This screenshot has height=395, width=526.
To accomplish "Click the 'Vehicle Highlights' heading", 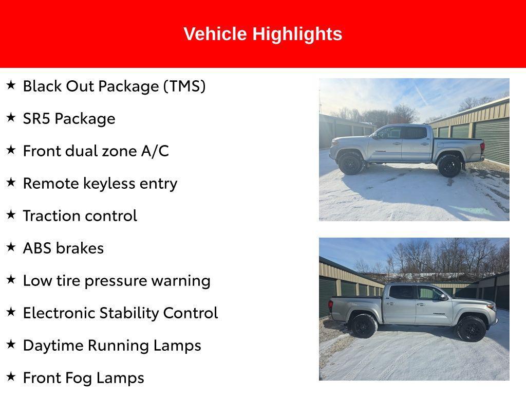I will pyautogui.click(x=262, y=34).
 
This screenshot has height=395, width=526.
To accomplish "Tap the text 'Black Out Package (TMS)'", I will pyautogui.click(x=114, y=86).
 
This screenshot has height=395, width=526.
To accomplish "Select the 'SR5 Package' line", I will pyautogui.click(x=69, y=118).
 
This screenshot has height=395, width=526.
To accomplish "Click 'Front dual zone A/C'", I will pyautogui.click(x=96, y=151).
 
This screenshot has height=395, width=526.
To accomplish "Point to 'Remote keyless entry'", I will pyautogui.click(x=100, y=183).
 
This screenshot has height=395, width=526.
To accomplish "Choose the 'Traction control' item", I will pyautogui.click(x=80, y=216).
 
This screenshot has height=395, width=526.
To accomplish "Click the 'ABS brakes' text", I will pyautogui.click(x=63, y=248).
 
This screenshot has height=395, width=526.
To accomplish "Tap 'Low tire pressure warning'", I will pyautogui.click(x=117, y=280).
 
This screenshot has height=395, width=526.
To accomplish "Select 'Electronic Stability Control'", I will pyautogui.click(x=120, y=313).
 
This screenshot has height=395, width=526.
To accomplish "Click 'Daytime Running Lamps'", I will pyautogui.click(x=112, y=345).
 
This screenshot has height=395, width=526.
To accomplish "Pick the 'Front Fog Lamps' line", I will pyautogui.click(x=83, y=378).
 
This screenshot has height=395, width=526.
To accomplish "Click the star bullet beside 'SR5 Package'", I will pyautogui.click(x=11, y=117).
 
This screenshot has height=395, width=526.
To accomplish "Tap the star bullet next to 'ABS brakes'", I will pyautogui.click(x=11, y=247).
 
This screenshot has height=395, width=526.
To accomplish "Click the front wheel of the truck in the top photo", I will pyautogui.click(x=351, y=164).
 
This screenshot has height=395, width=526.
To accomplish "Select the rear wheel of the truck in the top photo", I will pyautogui.click(x=449, y=166).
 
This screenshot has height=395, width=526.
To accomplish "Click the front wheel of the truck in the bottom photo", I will pyautogui.click(x=471, y=329).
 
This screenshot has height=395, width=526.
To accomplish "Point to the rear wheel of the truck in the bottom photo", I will pyautogui.click(x=364, y=326).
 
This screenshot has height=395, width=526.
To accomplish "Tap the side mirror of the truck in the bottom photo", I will pyautogui.click(x=443, y=297).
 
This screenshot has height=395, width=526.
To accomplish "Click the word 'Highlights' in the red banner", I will pyautogui.click(x=297, y=34).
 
